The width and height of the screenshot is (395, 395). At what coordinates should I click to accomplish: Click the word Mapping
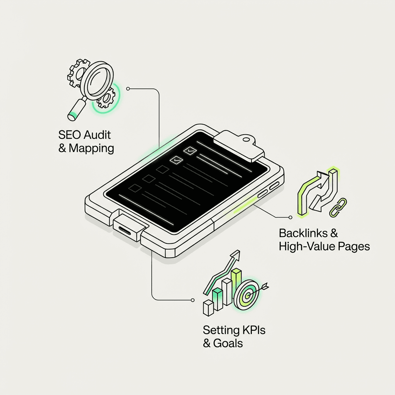coord(91,149)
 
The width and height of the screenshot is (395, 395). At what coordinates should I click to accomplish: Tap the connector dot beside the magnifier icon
coord(128,89)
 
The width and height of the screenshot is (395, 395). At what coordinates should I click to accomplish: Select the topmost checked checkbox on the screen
coord(190,151)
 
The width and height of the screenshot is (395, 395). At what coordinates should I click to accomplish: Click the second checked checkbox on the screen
coord(176,160)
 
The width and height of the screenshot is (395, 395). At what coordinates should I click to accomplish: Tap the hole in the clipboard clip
coord(246,139)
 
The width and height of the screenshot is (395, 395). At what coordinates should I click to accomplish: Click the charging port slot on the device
coord(125,230)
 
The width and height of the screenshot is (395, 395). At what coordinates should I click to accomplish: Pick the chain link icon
coord(338,207)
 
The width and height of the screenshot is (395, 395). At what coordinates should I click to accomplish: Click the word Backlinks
coord(303,233)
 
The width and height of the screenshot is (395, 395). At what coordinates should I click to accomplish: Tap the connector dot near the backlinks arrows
coord(290,217)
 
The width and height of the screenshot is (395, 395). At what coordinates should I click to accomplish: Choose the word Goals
coord(228,343)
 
